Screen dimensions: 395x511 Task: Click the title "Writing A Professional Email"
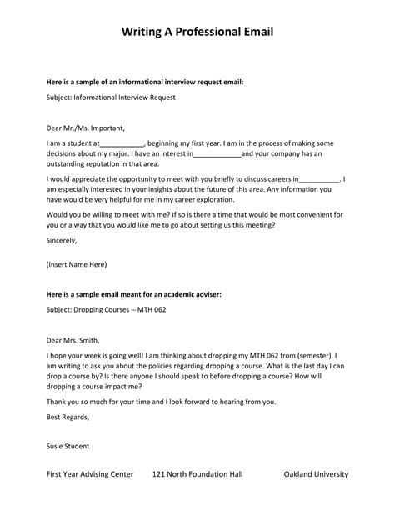[x=197, y=33]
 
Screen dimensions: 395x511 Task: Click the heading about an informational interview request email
[x=145, y=83]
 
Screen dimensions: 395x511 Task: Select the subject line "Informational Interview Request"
[x=112, y=97]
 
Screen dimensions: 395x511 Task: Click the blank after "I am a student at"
[x=122, y=143]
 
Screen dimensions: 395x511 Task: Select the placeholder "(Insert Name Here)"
[x=77, y=265]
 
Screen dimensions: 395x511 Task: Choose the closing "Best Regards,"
[x=67, y=416]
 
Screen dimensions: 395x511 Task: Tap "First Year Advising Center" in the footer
[x=90, y=474]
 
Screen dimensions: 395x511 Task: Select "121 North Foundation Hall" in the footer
[x=197, y=474]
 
